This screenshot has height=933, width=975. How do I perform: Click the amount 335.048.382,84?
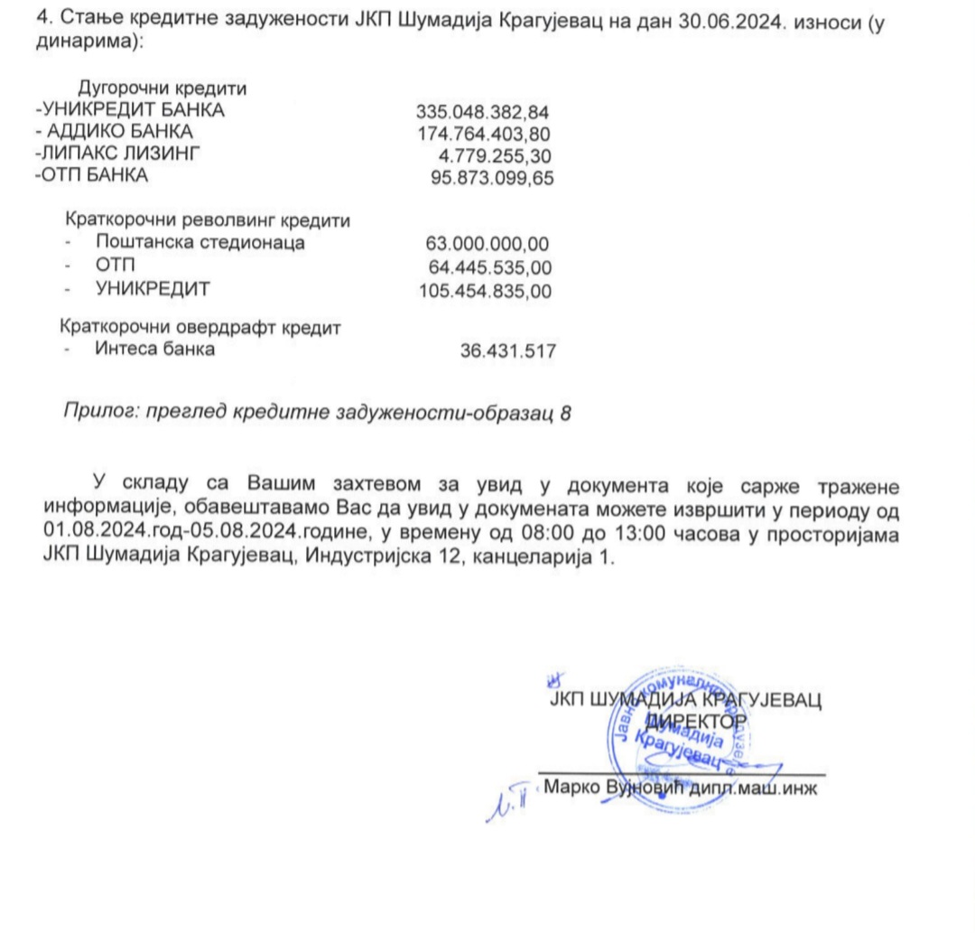(x=482, y=112)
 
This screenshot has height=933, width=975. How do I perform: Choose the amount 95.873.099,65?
(x=493, y=178)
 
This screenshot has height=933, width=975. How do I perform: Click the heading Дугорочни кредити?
(x=163, y=89)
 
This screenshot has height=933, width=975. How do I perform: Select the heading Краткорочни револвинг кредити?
(x=207, y=219)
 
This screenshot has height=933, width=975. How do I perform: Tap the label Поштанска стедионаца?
(x=200, y=242)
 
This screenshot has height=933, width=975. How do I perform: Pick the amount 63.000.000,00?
(x=487, y=243)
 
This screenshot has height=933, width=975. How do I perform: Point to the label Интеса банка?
(x=154, y=350)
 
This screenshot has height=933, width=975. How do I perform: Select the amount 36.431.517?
(x=507, y=351)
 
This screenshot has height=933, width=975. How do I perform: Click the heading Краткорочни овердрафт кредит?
(x=200, y=327)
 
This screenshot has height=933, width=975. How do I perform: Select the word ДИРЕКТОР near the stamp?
(x=695, y=721)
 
